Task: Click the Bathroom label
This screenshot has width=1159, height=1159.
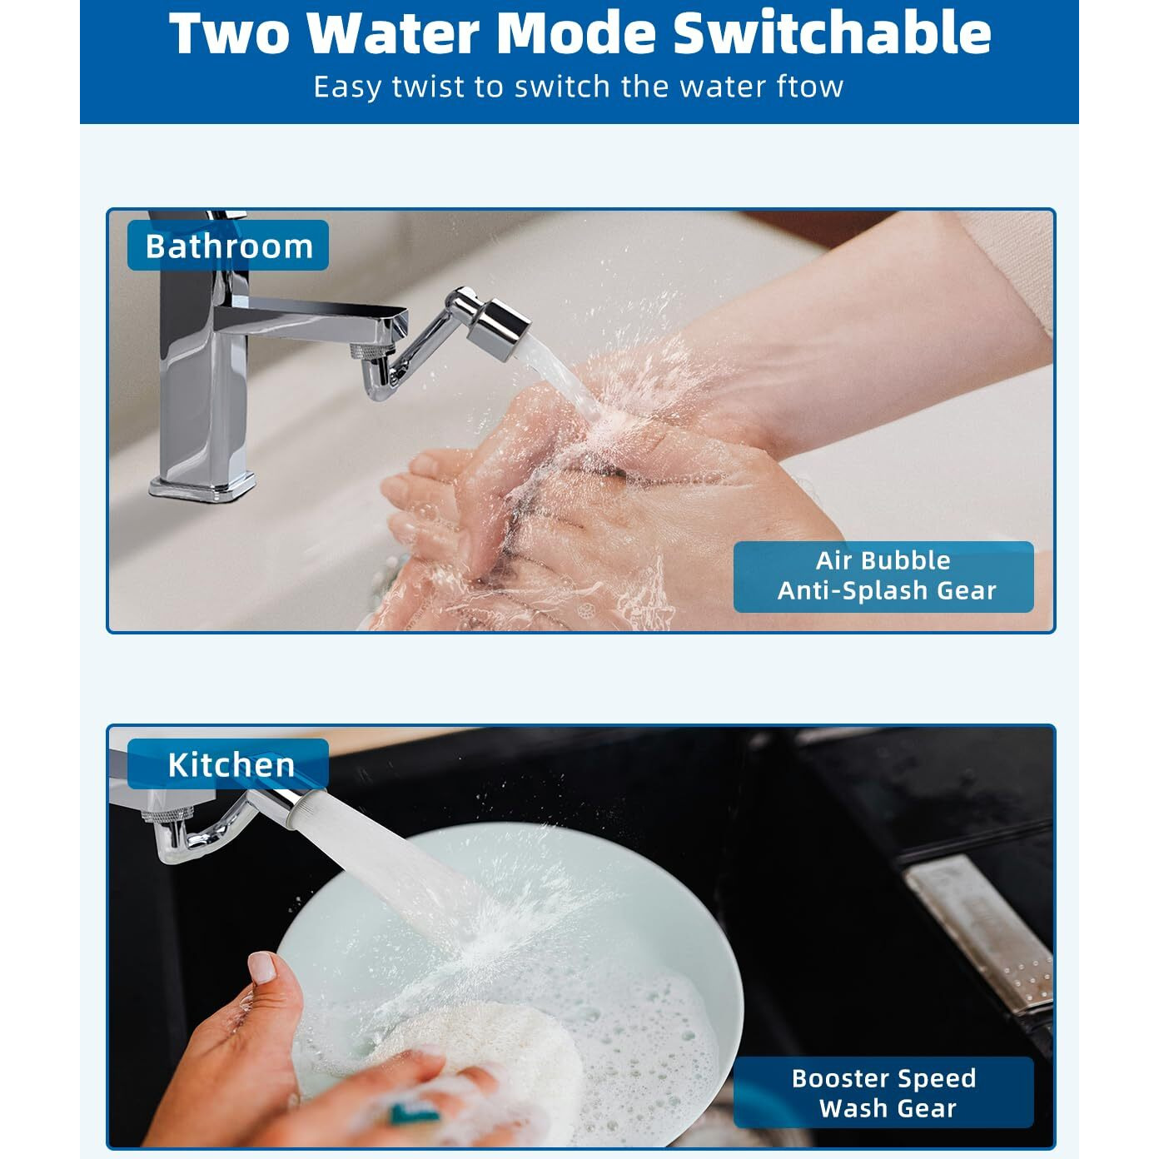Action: coord(228,246)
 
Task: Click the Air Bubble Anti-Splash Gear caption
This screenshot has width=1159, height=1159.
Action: coord(883,576)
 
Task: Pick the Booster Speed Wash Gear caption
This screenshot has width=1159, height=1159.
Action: coord(883,1093)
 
